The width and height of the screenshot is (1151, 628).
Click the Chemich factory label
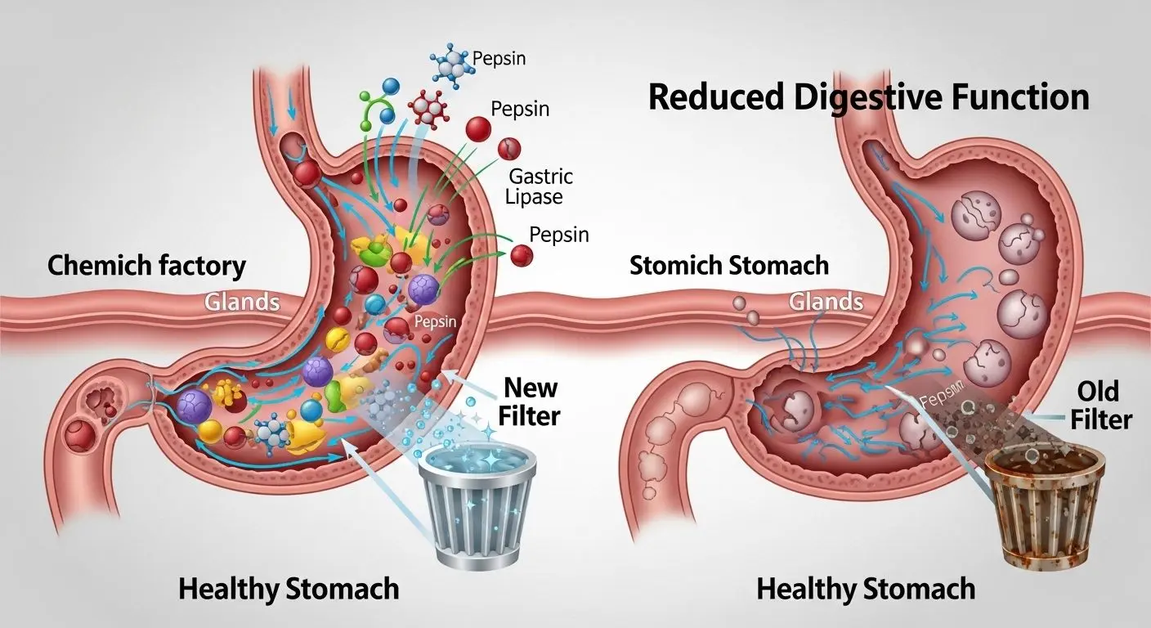point(146,265)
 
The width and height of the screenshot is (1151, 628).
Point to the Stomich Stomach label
point(729,265)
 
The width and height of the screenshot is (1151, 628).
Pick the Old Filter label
point(1104,405)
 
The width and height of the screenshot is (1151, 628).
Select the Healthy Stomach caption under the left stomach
point(289,589)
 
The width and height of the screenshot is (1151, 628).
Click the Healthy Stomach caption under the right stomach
point(866,589)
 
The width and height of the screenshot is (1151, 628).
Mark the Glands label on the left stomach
point(241,303)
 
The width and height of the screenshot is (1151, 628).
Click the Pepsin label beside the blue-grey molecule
point(499,59)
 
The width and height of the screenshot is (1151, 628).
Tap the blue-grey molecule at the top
point(447,65)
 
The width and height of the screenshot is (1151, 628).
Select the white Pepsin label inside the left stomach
point(437,322)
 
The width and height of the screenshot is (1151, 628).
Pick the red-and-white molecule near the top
point(428,107)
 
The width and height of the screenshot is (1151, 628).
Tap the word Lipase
point(535,197)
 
